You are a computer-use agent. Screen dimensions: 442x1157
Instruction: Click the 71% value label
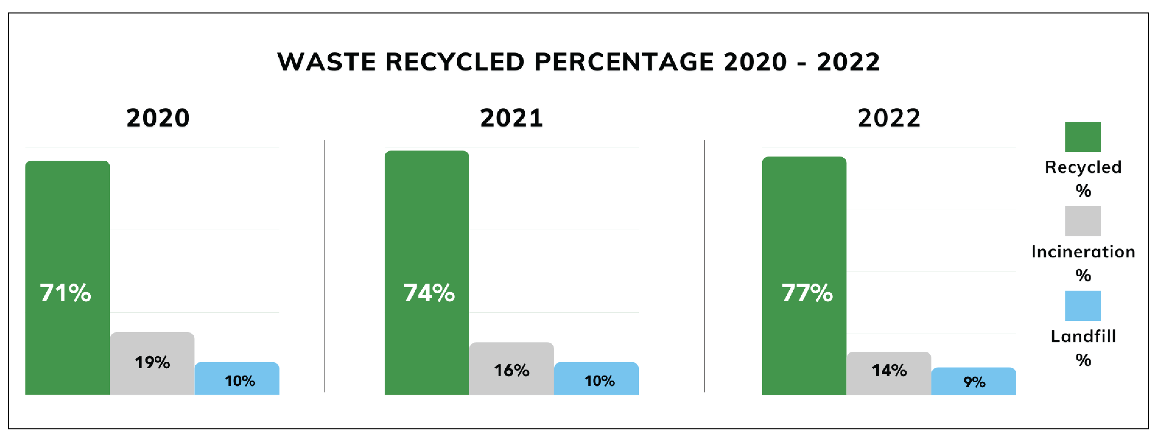(66, 293)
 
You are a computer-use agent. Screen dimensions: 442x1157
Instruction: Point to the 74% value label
(429, 293)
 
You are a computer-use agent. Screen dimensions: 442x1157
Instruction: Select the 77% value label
(807, 293)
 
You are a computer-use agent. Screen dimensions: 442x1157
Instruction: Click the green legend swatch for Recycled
(1083, 137)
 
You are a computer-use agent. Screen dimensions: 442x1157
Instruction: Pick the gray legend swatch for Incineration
(1083, 221)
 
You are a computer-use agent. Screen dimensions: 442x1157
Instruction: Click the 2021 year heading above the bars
(512, 118)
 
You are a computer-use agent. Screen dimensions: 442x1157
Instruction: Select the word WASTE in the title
(327, 62)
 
